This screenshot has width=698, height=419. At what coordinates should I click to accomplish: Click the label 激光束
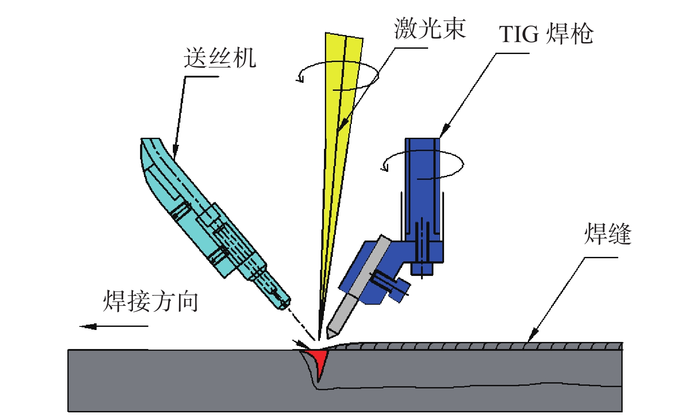coord(429,29)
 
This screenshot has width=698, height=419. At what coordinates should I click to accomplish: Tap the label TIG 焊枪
coord(546,34)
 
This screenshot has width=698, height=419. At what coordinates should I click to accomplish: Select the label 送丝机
coord(220,58)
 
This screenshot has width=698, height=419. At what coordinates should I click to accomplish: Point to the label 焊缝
coord(608,234)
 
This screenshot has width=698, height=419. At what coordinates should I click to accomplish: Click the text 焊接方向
coord(150,301)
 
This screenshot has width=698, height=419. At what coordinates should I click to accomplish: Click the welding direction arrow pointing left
coord(113,326)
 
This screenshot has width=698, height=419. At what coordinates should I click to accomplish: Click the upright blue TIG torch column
coord(422,186)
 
